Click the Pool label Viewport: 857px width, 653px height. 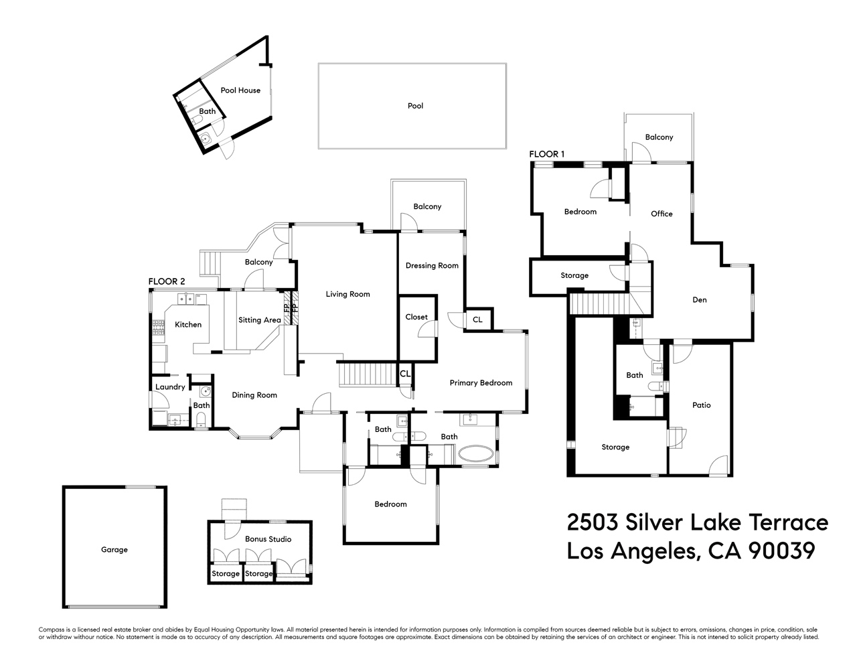coord(415,106)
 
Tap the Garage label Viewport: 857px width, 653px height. coord(114,550)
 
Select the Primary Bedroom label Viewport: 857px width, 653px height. coord(481,383)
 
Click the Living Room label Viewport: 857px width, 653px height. coord(347,294)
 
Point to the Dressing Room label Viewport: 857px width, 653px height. coord(432,266)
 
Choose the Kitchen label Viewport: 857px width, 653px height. coord(188,325)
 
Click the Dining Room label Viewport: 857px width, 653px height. coord(254,395)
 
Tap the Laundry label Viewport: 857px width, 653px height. coord(170,387)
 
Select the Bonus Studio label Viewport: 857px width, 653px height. coord(268,539)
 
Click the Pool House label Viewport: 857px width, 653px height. coord(240,90)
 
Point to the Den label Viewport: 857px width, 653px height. coord(699,300)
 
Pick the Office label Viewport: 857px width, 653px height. coord(661,214)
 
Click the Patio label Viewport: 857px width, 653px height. coord(701,405)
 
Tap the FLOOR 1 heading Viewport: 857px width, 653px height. coord(546,155)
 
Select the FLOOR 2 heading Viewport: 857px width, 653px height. coord(166,282)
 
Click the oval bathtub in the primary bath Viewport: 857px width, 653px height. coord(477,455)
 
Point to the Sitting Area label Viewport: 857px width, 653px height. coord(259,320)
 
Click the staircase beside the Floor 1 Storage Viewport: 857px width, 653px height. coord(599,303)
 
